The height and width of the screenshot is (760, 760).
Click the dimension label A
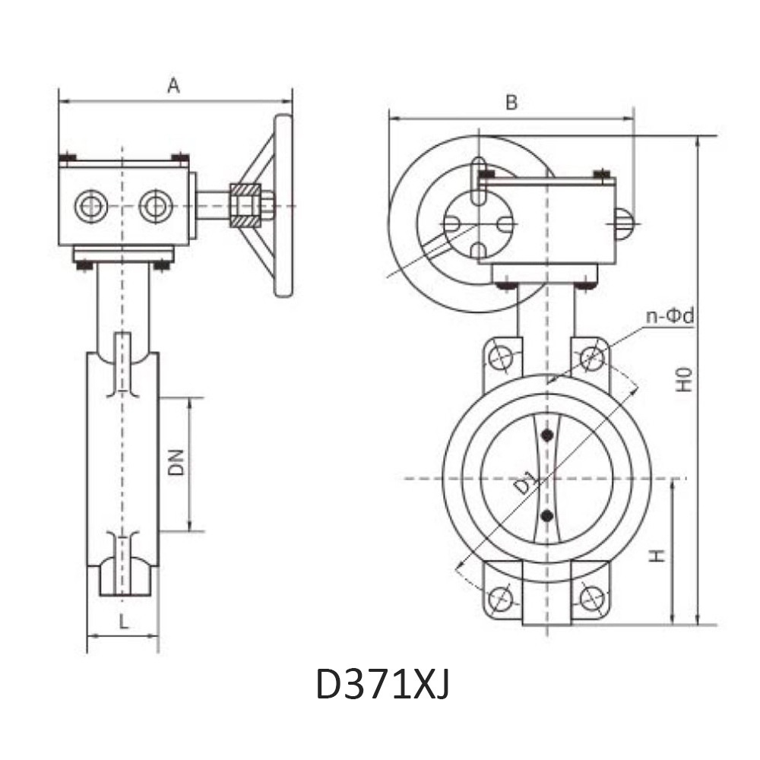pos(173,86)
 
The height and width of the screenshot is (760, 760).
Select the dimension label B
pos(511,103)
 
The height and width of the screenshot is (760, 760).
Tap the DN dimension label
pos(176,462)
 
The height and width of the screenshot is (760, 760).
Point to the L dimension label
pos(124,621)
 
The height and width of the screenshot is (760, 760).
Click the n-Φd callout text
pos(670,316)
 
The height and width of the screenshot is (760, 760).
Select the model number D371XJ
pos(382,685)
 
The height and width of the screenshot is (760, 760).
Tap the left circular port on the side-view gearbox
pos(91,205)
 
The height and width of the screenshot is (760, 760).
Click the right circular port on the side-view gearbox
pos(155,205)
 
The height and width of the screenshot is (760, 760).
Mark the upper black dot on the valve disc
pos(546,435)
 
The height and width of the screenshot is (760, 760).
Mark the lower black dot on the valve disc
pos(546,517)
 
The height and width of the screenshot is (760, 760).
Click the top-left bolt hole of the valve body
pos(502,356)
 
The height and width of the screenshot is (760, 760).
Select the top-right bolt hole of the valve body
pos(591,356)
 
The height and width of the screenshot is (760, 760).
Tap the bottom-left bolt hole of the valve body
pos(500,598)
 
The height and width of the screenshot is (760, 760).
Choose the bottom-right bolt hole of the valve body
pos(591,598)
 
